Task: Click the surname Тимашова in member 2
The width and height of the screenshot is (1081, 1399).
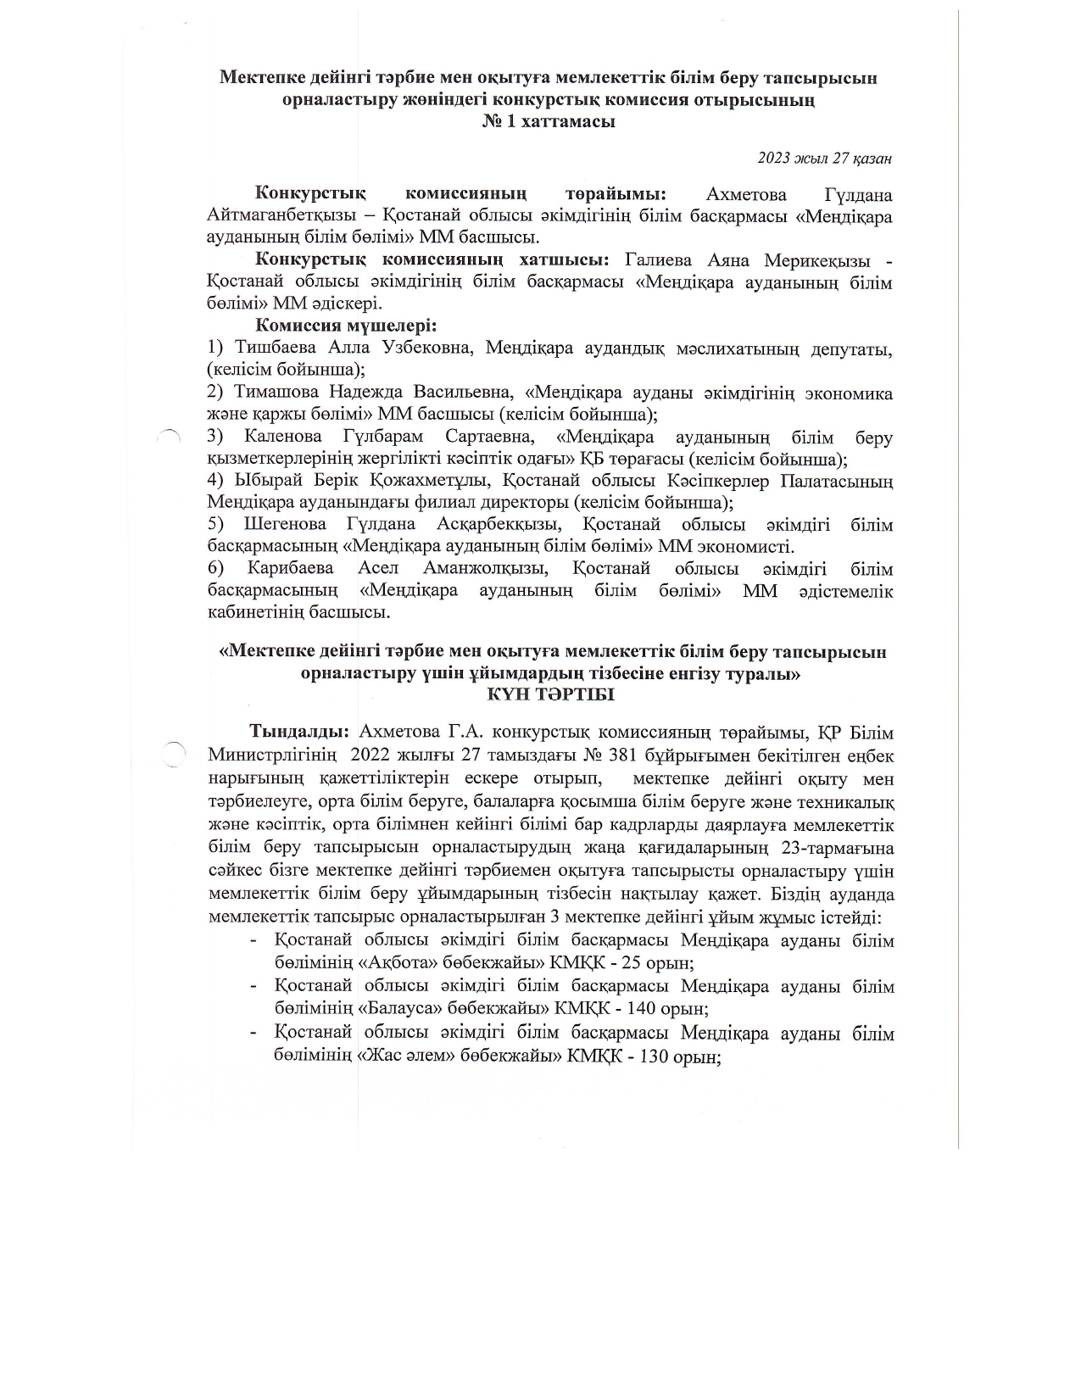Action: [276, 393]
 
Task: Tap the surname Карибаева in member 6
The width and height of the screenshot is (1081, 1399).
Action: [290, 569]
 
